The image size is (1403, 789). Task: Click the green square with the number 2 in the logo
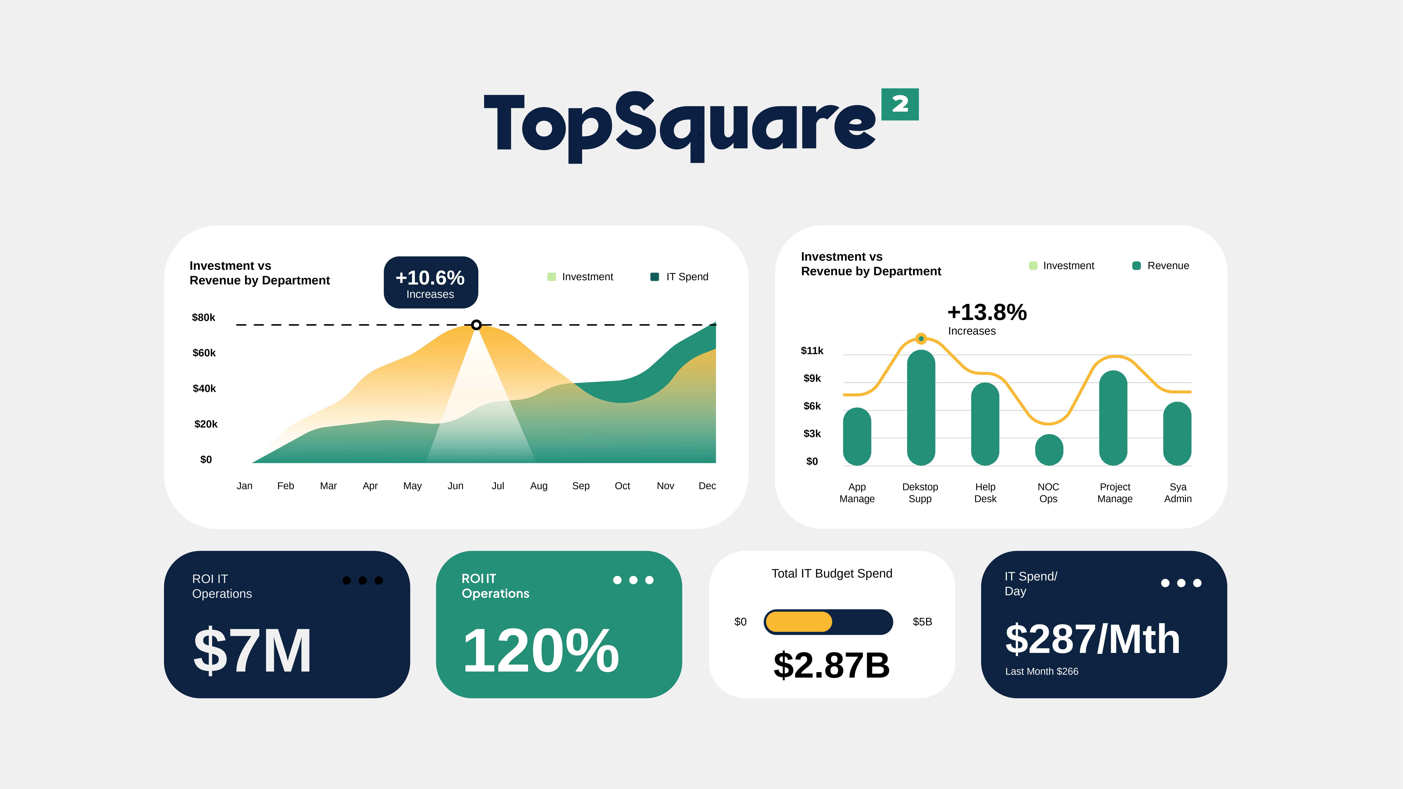(x=900, y=104)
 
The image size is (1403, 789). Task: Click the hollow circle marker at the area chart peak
(x=477, y=325)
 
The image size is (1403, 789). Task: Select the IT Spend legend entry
(x=680, y=277)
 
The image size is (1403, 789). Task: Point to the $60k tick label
(x=204, y=353)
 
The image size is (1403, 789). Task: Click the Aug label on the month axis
(x=539, y=486)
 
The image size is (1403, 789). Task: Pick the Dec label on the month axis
(x=707, y=486)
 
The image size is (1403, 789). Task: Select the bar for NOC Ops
(x=1048, y=450)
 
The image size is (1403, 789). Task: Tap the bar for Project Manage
(x=1113, y=418)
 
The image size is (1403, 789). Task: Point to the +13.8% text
(x=987, y=312)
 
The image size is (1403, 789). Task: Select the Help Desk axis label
(x=985, y=493)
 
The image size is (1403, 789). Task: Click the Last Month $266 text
(x=1041, y=671)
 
